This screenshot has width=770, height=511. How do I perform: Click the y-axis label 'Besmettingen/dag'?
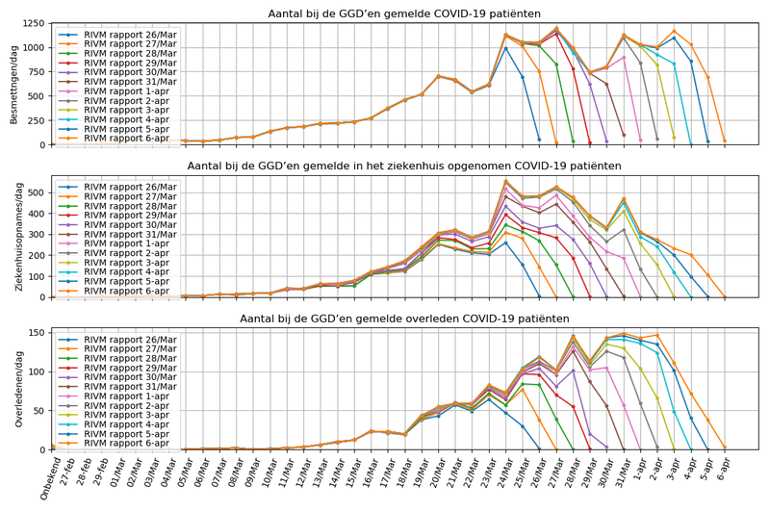point(13,84)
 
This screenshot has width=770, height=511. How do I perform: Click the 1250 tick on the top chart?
point(27,22)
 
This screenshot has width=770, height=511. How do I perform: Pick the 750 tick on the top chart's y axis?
point(31,71)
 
